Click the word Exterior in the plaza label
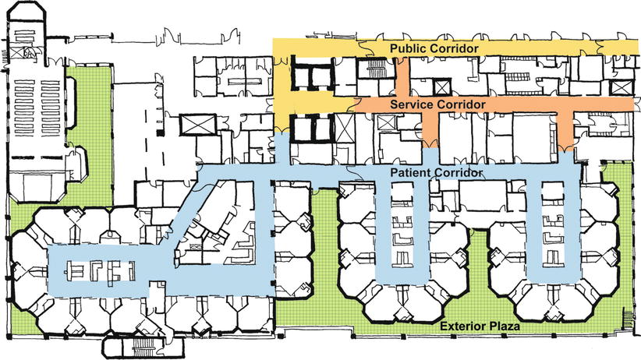pyautogui.click(x=463, y=326)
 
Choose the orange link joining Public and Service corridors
pyautogui.click(x=403, y=78)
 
